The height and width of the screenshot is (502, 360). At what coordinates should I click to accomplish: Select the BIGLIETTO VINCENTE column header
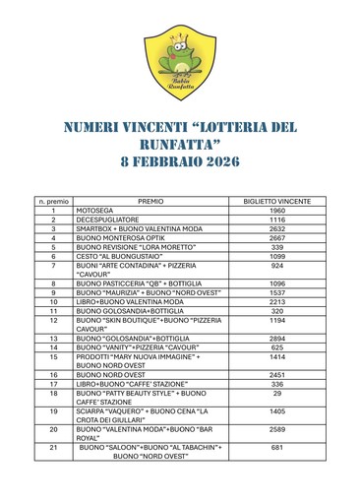pyautogui.click(x=276, y=199)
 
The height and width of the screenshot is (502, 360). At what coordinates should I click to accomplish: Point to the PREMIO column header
pyautogui.click(x=150, y=199)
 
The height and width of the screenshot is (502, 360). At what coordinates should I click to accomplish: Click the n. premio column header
pyautogui.click(x=53, y=199)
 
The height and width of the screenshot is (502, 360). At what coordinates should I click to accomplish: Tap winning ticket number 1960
pyautogui.click(x=276, y=211)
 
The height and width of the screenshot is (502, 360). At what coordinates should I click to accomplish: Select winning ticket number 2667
pyautogui.click(x=276, y=238)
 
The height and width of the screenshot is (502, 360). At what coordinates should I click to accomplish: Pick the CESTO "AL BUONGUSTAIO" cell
pyautogui.click(x=116, y=256)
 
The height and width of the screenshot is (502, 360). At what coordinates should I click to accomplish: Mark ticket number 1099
pyautogui.click(x=276, y=256)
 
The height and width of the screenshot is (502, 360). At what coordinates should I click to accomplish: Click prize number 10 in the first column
pyautogui.click(x=53, y=301)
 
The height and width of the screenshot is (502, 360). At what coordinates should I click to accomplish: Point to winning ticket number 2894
pyautogui.click(x=276, y=339)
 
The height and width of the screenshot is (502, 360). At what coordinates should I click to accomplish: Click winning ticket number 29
pyautogui.click(x=276, y=393)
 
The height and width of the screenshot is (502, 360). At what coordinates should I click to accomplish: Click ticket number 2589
pyautogui.click(x=276, y=429)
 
